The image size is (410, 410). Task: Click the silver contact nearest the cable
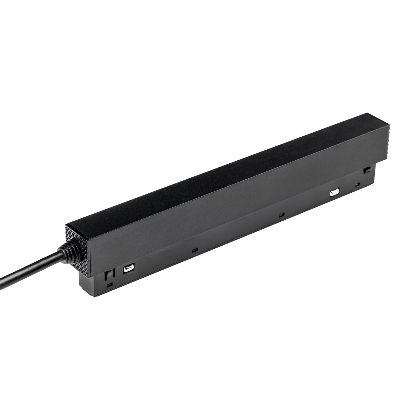click(x=128, y=269)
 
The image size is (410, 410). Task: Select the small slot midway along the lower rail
click(x=281, y=215)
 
